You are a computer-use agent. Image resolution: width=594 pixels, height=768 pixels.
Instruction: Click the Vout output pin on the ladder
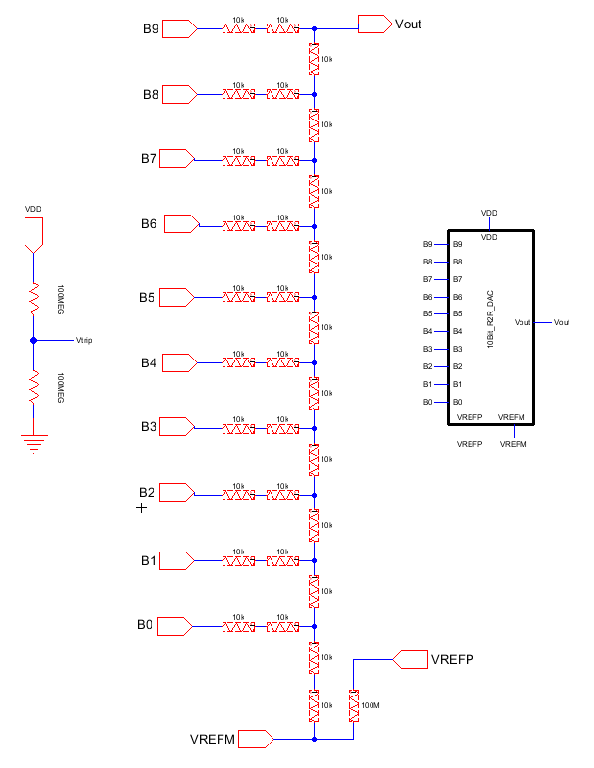[373, 24]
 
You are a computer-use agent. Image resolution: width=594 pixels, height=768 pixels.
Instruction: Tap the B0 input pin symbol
[176, 625]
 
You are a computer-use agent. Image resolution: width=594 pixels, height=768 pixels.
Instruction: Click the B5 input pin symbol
[176, 296]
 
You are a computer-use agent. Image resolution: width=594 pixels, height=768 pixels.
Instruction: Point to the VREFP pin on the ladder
[410, 659]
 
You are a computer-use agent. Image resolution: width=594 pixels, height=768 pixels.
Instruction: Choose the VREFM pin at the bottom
[255, 738]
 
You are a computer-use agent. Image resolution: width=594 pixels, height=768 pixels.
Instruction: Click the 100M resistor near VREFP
[354, 705]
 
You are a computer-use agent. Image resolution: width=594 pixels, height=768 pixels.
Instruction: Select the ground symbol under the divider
[34, 443]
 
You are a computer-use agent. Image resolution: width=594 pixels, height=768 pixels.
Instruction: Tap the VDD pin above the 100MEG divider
[34, 232]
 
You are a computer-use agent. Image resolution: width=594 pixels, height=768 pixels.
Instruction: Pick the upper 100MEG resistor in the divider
[34, 298]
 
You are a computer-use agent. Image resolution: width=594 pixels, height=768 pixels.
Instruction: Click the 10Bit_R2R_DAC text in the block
[491, 319]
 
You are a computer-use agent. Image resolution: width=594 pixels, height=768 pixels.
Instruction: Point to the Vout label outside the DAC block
[562, 322]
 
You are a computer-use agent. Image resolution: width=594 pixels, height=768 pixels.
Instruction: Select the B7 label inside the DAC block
[458, 279]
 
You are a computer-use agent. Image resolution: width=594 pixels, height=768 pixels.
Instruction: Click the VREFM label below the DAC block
[514, 444]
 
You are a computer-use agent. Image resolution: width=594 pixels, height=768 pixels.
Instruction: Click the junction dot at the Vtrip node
[34, 341]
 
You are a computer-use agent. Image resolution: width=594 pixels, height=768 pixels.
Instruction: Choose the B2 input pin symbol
[176, 492]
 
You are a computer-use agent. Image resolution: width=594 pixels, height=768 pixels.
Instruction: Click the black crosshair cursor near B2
[142, 508]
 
